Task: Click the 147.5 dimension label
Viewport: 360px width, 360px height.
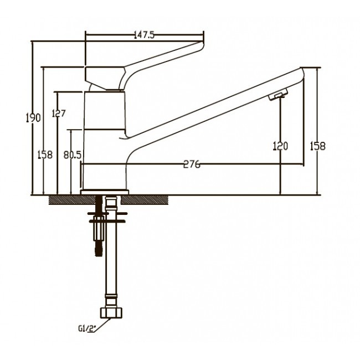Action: tap(144, 35)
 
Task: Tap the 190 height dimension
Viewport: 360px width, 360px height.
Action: tap(33, 118)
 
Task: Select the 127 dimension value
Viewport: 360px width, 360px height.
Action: tap(59, 113)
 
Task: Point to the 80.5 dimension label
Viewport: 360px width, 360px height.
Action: tap(73, 155)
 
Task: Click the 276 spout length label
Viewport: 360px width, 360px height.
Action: tap(192, 164)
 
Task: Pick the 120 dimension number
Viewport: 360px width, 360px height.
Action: tap(280, 146)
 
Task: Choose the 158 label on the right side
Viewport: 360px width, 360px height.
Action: tap(318, 146)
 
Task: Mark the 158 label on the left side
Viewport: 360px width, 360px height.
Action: tap(45, 155)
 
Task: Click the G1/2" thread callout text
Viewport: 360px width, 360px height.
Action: tap(87, 329)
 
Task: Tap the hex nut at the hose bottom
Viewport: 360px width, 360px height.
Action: tap(111, 313)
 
